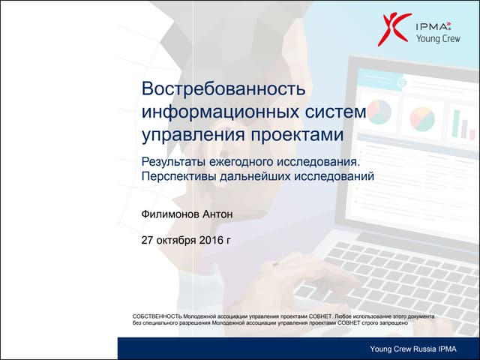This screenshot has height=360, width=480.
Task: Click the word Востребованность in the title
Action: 223,88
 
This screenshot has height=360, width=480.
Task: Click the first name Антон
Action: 218,214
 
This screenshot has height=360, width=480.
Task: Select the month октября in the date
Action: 176,241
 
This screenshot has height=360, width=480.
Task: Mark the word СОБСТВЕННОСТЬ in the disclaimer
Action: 157,316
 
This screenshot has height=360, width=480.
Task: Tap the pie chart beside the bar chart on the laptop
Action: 423,117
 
